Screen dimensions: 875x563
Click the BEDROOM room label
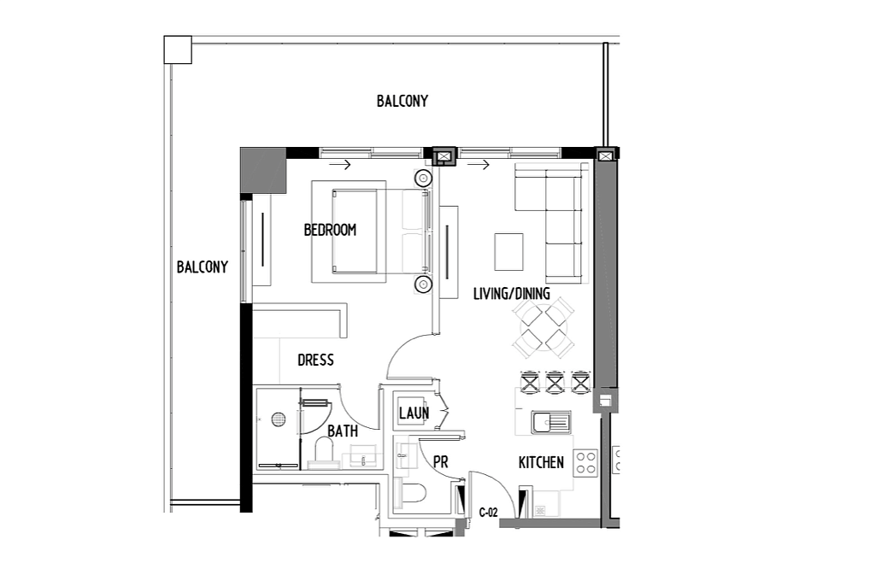pyautogui.click(x=330, y=230)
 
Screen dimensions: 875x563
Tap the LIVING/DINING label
pyautogui.click(x=511, y=294)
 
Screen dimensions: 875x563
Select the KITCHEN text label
pyautogui.click(x=541, y=462)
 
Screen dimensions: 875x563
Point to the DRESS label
pyautogui.click(x=315, y=360)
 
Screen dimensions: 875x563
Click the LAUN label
pyautogui.click(x=414, y=413)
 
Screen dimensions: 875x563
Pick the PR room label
pyautogui.click(x=440, y=462)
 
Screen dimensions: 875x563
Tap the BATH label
pyautogui.click(x=343, y=431)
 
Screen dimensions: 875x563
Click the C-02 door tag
pyautogui.click(x=488, y=513)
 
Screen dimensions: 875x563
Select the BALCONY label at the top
pyautogui.click(x=402, y=101)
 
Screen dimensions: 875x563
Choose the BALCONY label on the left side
pyautogui.click(x=202, y=267)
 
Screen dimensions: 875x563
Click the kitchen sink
pyautogui.click(x=551, y=422)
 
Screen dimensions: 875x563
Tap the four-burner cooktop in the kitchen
pyautogui.click(x=585, y=462)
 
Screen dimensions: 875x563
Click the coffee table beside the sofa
pyautogui.click(x=508, y=252)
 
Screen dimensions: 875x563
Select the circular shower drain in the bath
pyautogui.click(x=279, y=419)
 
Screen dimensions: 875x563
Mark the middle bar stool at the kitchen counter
pyautogui.click(x=555, y=382)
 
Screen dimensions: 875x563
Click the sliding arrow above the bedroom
pyautogui.click(x=340, y=165)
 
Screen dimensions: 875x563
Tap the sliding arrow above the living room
pyautogui.click(x=479, y=165)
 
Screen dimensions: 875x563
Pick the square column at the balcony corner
pyautogui.click(x=178, y=50)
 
